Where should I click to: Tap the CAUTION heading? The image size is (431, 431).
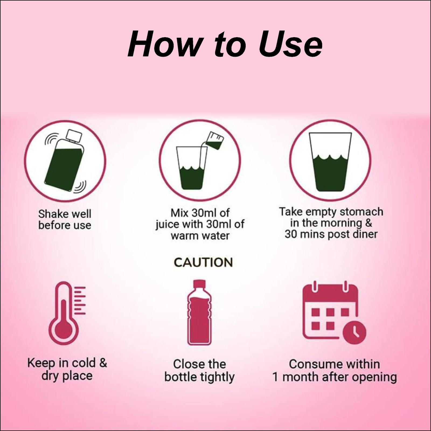point(203,262)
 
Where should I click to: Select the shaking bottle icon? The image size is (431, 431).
point(65,161)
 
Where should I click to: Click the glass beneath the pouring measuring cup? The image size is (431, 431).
point(192,168)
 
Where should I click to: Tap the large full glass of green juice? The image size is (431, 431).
point(330,162)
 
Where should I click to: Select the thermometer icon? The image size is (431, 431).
point(67,314)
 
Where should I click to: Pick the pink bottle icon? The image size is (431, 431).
point(199,312)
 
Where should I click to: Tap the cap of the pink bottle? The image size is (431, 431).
point(199,284)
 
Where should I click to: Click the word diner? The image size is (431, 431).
point(365,234)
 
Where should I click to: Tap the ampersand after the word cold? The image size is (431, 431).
point(103,363)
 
